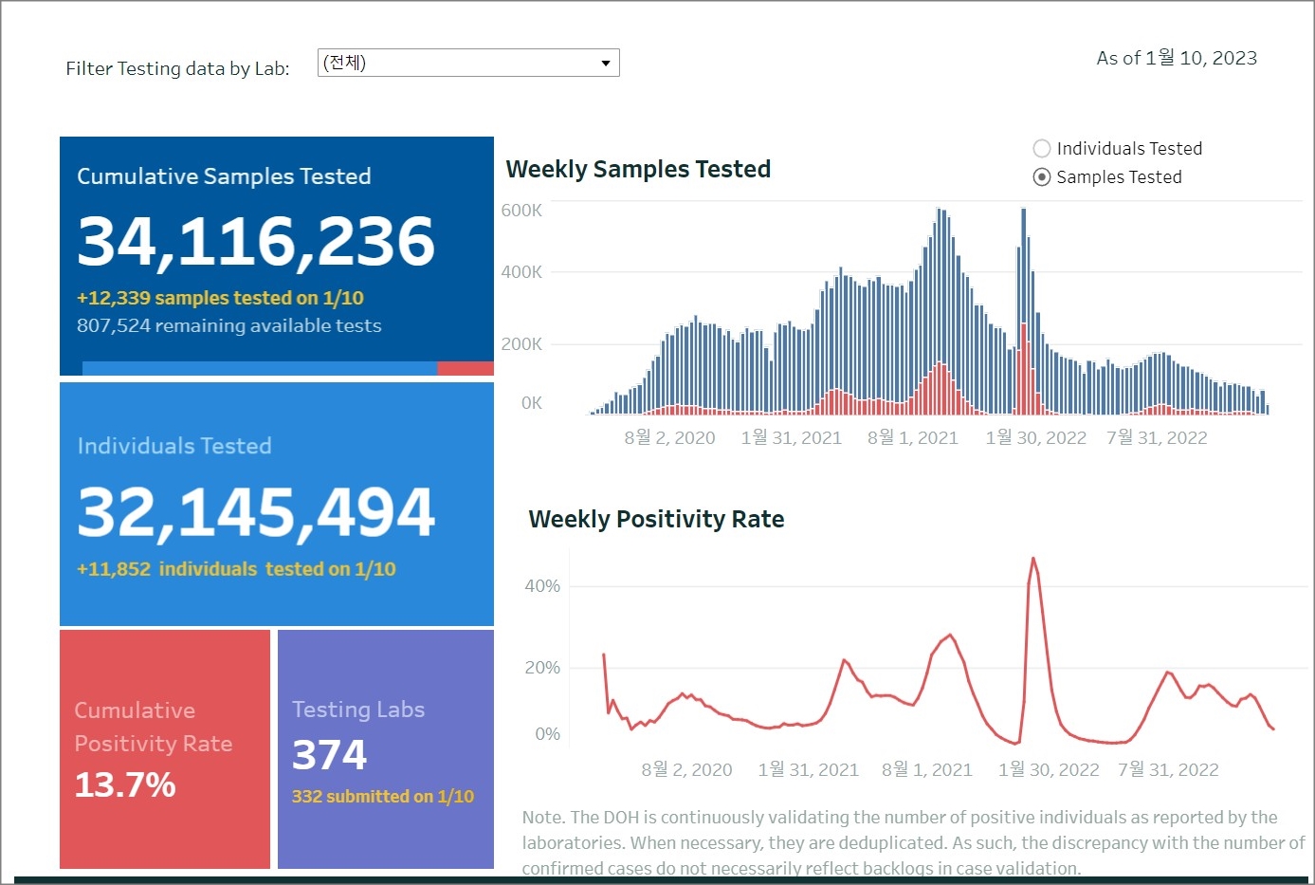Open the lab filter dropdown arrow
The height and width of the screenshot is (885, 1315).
coord(605,64)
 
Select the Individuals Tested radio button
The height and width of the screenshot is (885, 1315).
coord(1042,149)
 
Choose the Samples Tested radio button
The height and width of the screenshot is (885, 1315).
coord(1042,177)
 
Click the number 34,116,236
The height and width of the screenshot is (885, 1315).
coord(256,241)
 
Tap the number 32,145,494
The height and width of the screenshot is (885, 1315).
coord(256,512)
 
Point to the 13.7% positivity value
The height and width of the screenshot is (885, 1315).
coord(125,785)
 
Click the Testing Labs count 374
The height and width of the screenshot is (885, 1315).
coord(329,755)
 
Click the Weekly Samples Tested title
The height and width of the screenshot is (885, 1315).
coord(638,170)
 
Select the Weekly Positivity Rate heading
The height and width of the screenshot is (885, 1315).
coord(656,520)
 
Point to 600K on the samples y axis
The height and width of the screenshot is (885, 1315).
coord(521,211)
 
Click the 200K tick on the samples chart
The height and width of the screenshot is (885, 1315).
coord(521,344)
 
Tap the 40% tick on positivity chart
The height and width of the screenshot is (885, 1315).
coord(542,586)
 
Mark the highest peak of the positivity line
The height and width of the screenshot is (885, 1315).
coord(1032,559)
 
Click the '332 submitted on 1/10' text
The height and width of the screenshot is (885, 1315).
coord(383,797)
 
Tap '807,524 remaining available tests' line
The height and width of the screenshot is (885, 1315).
coord(229,326)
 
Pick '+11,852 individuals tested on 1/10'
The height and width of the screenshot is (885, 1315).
coord(236,569)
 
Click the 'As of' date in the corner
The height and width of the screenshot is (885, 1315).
coord(1177,59)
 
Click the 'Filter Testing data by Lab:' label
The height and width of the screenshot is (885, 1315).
coord(177,68)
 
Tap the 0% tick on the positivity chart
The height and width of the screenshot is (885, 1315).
coord(547,734)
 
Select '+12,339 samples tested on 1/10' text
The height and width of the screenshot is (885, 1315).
coord(220,299)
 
